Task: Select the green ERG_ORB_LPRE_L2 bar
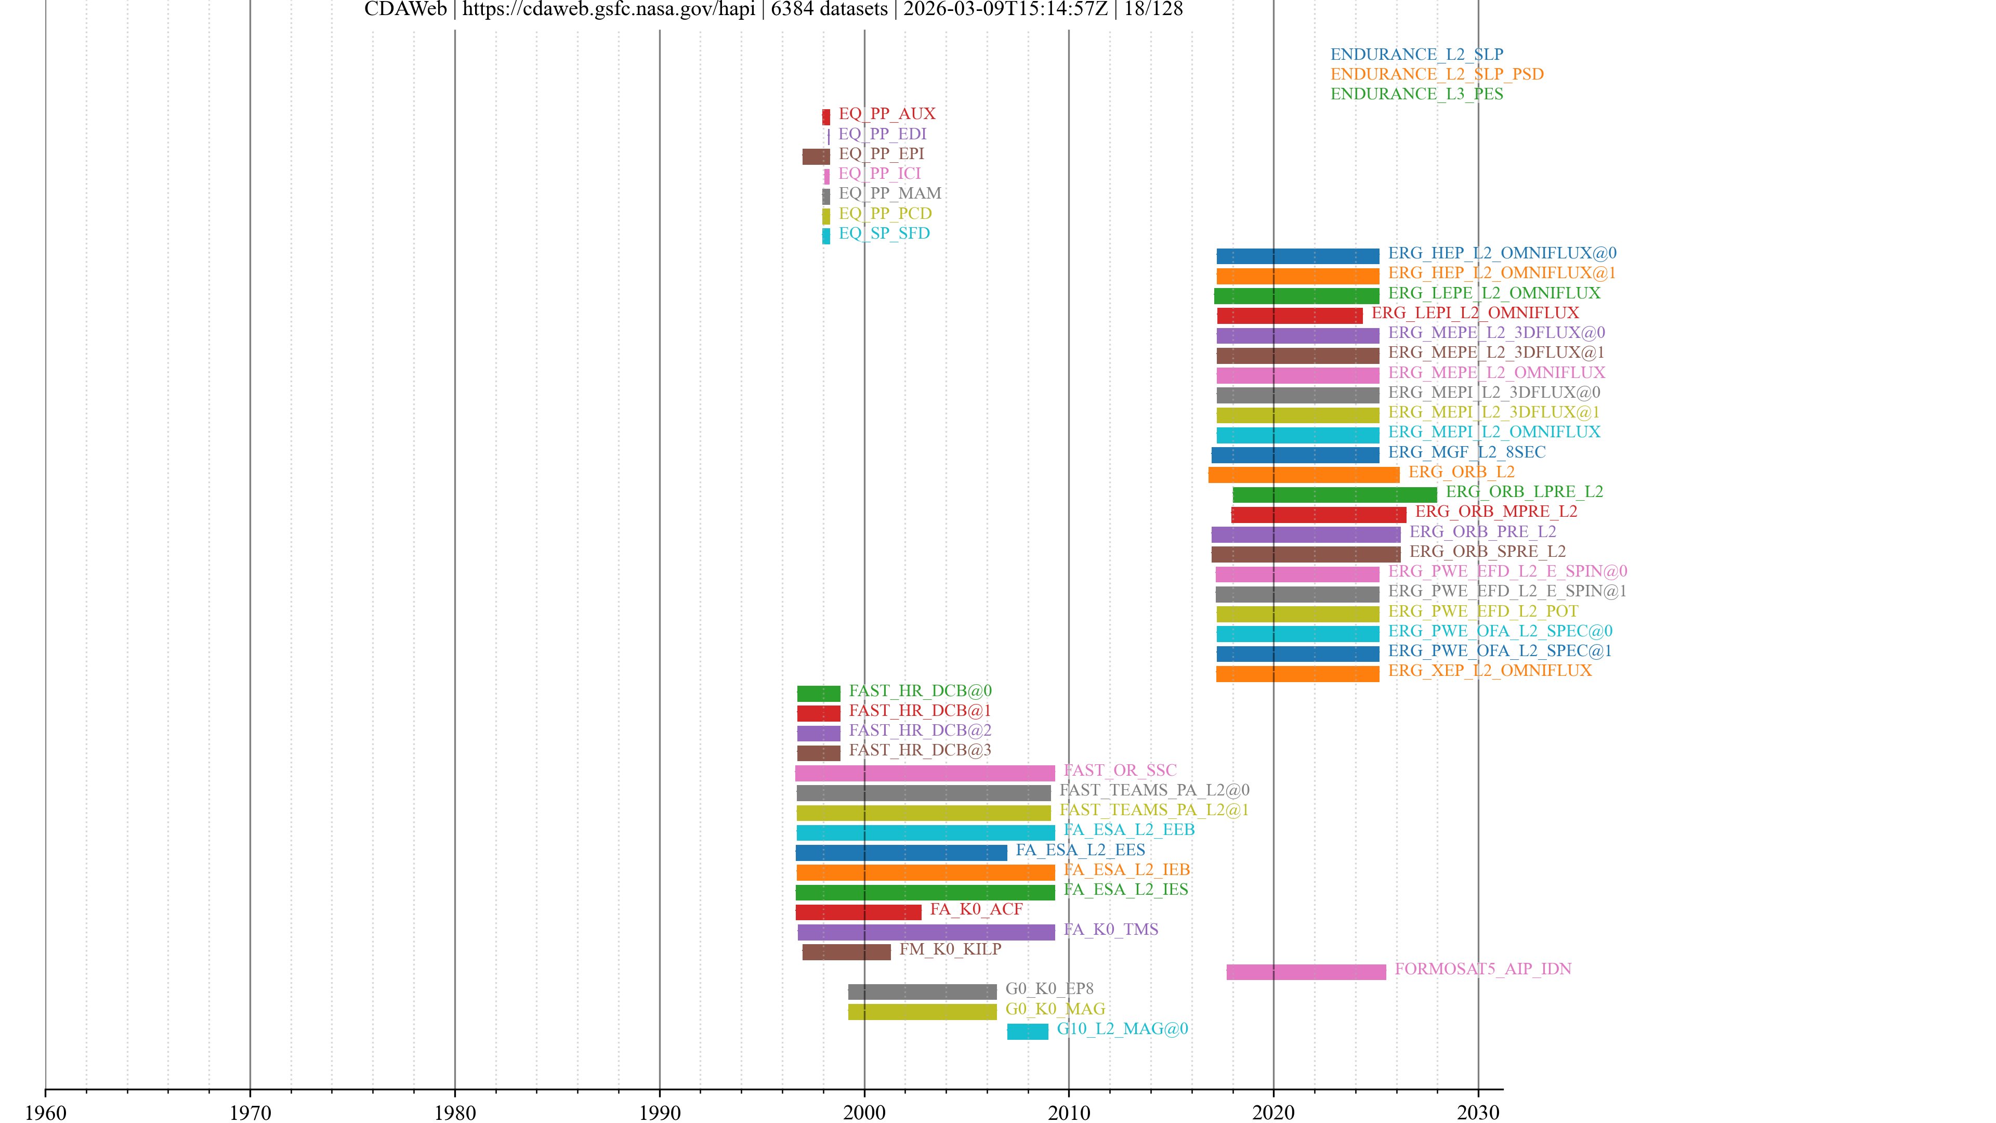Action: (x=1334, y=494)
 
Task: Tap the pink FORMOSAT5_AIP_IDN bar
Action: (x=1306, y=972)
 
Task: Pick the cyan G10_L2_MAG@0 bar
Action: (x=1028, y=1031)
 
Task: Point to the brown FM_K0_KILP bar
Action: (x=846, y=952)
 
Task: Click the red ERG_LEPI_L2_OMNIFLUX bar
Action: (x=1289, y=316)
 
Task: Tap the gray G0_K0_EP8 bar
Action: (x=922, y=992)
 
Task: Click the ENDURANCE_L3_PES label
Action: (x=1416, y=94)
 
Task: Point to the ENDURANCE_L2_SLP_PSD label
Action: (x=1437, y=74)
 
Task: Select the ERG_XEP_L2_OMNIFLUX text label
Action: (x=1489, y=670)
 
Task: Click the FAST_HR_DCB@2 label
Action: (x=920, y=730)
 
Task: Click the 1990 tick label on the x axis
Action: (x=660, y=1112)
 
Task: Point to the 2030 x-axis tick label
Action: (x=1478, y=1112)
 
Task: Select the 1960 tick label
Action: (x=46, y=1112)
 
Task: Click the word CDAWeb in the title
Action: (x=405, y=9)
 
